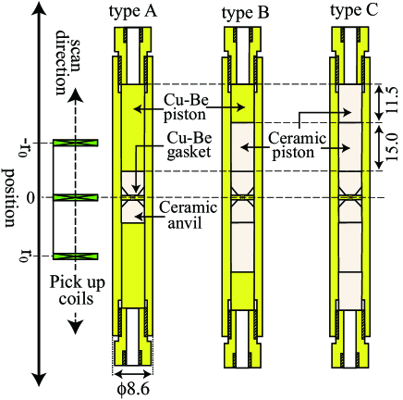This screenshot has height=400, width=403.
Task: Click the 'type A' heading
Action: (133, 12)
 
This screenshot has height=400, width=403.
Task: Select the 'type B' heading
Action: (245, 13)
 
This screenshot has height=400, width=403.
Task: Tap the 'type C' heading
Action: (354, 11)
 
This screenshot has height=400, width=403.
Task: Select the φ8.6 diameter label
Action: (133, 389)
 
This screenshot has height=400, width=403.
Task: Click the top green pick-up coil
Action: (76, 143)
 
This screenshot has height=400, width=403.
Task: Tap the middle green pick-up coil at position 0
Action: (76, 197)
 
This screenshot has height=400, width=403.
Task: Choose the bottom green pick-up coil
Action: (76, 256)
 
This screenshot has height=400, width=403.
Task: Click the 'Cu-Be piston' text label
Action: (186, 107)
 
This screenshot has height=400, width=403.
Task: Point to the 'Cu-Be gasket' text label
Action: (189, 145)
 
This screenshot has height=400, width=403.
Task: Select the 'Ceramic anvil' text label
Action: (188, 215)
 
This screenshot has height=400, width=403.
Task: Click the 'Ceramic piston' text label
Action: (297, 145)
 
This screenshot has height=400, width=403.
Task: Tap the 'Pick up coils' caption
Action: (77, 291)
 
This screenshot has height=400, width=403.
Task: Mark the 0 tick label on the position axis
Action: (31, 198)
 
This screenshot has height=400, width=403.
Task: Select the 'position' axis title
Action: (10, 197)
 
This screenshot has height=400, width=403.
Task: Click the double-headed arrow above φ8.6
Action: (133, 374)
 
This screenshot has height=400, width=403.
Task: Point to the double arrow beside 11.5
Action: (379, 104)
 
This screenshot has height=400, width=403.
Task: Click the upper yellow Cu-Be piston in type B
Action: (242, 104)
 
